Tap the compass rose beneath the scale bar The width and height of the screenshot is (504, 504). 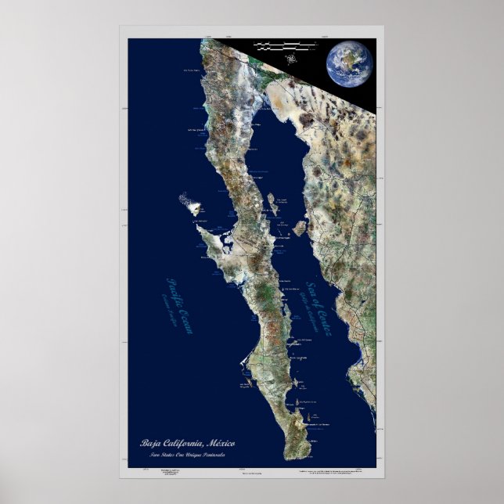[x=292, y=58]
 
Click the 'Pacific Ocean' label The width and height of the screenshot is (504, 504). [x=179, y=304]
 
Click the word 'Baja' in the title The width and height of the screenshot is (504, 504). [x=150, y=444]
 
